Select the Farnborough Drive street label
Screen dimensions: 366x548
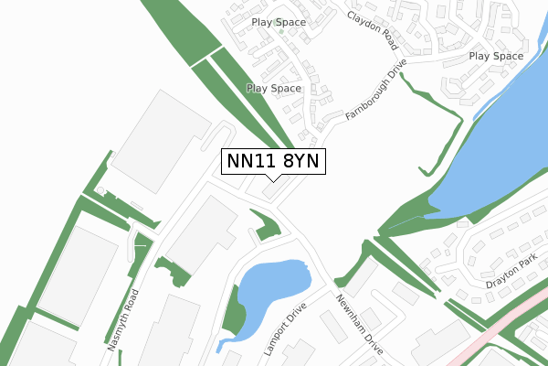pos(375,93)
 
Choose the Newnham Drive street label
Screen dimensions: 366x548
pos(358,326)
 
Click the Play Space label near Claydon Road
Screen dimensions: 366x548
pos(279,21)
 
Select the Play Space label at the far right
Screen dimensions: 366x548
pos(496,56)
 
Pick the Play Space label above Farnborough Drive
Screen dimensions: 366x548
pos(274,88)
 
